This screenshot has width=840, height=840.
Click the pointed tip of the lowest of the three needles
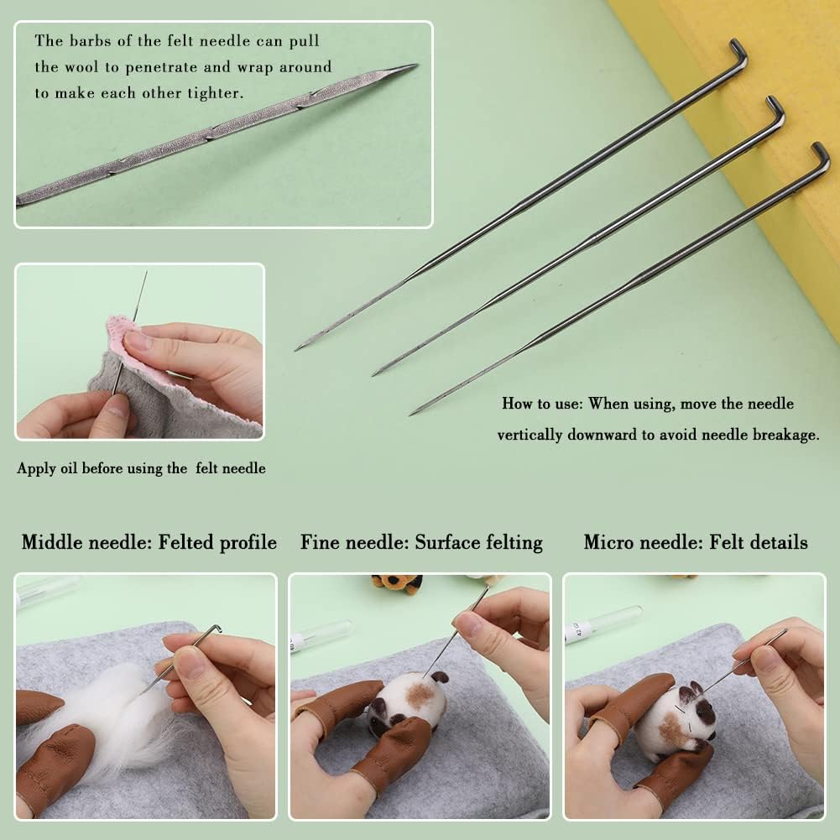pyautogui.click(x=413, y=413)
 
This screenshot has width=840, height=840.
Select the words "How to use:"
pyautogui.click(x=542, y=404)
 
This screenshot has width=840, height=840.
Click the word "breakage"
pyautogui.click(x=783, y=435)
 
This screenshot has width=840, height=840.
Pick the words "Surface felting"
pyautogui.click(x=478, y=543)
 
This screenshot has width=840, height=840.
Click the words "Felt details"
pyautogui.click(x=758, y=543)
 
